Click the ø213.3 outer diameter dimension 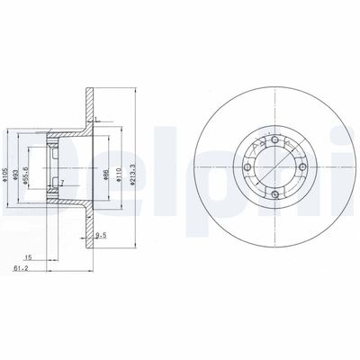[134, 169]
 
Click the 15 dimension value [29, 256]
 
